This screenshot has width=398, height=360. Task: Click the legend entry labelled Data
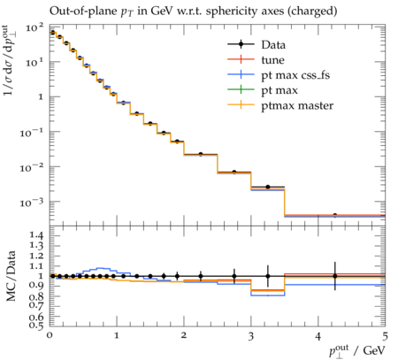273,45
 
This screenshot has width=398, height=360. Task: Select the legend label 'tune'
272,60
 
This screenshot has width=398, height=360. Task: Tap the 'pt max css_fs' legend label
295,75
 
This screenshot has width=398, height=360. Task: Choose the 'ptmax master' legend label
297,105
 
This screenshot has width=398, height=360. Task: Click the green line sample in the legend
241,89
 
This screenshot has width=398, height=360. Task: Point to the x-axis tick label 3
251,336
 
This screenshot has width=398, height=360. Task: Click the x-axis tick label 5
385,336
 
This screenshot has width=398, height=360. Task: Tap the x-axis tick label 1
117,336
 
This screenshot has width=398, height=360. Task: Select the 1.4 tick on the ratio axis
36,235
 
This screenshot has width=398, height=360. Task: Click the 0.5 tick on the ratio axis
36,326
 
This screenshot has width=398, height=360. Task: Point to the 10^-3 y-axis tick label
32,202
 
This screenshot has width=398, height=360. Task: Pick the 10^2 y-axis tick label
34,28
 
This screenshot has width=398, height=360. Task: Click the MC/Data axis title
11,276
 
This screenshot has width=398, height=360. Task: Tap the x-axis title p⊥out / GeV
357,351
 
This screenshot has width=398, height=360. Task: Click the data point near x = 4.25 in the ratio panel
334,276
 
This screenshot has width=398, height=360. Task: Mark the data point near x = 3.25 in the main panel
268,187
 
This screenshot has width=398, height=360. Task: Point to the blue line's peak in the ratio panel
101,268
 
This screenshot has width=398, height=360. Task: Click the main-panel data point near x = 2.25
201,154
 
